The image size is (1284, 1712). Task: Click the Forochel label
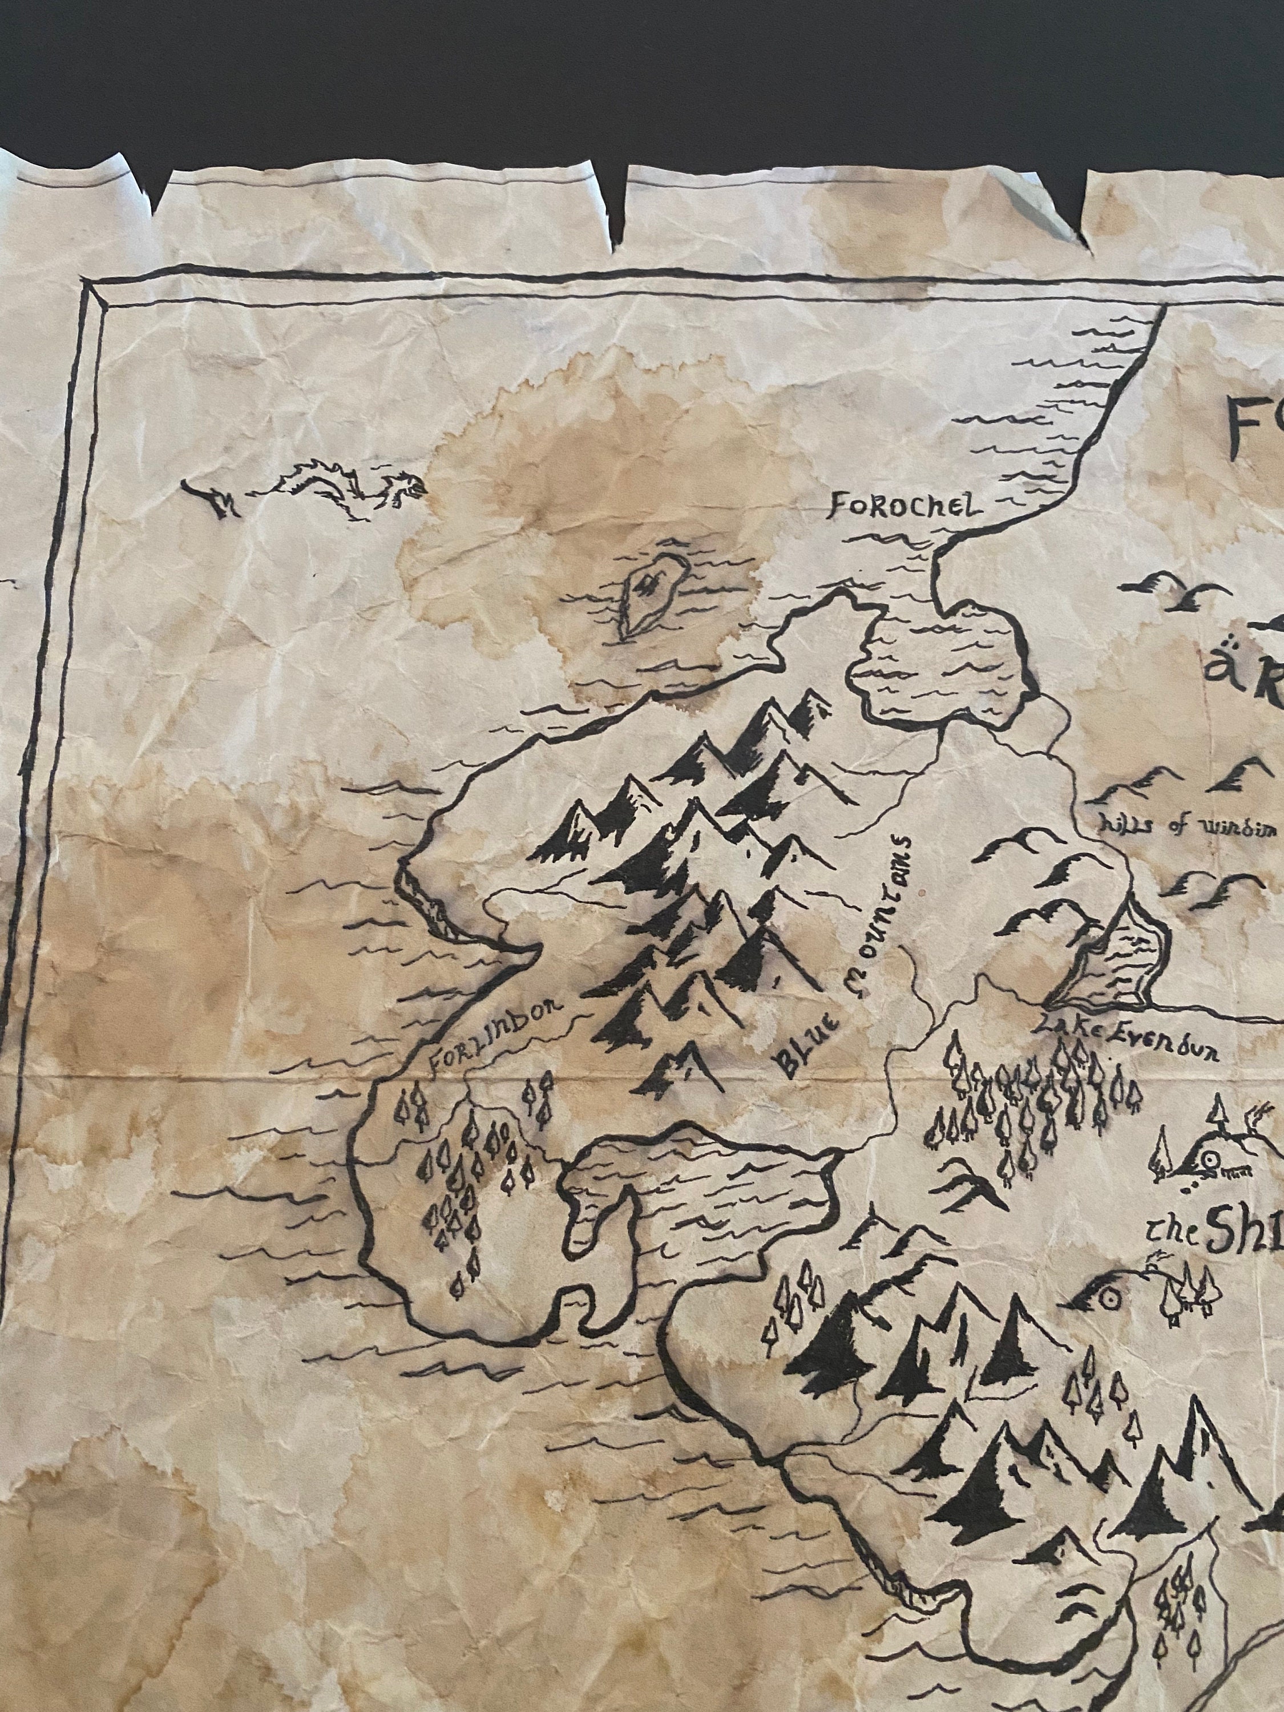(904, 506)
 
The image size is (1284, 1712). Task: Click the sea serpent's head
(408, 490)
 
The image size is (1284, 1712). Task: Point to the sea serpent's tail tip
(189, 485)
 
